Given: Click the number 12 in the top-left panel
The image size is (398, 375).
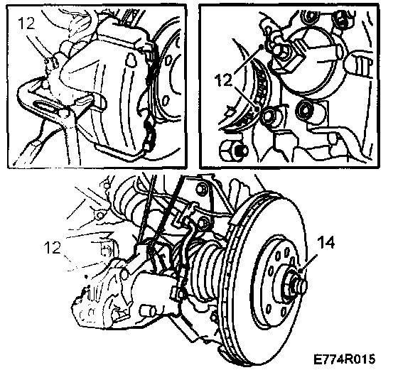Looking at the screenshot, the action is click(x=27, y=23).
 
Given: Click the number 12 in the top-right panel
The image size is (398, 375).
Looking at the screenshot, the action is click(x=223, y=80).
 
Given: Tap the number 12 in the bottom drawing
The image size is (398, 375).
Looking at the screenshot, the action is click(x=53, y=247).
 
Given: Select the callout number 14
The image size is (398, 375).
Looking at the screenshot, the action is click(x=326, y=242).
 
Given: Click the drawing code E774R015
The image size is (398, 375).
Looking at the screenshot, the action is click(x=344, y=359).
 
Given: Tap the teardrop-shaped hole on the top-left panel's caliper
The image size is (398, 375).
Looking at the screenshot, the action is click(x=130, y=60).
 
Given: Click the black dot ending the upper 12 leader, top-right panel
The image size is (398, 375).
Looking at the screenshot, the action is click(x=261, y=46).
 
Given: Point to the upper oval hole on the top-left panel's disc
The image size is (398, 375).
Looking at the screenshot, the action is click(x=168, y=61).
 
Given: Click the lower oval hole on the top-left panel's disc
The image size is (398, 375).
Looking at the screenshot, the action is click(x=166, y=101).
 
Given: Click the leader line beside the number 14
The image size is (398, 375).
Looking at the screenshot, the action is click(x=308, y=263).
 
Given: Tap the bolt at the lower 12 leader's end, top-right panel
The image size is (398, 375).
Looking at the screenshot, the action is click(x=269, y=116).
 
